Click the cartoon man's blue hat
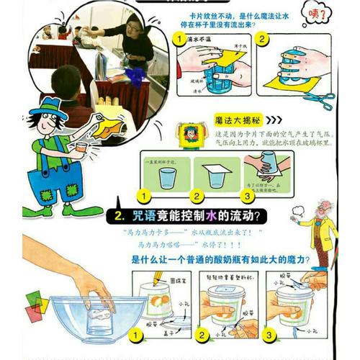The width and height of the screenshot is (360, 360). click(x=53, y=108)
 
